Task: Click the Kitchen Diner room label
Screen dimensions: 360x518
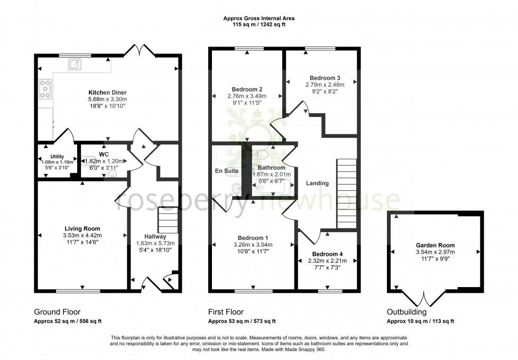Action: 107,91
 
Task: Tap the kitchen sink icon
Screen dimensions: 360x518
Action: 73,64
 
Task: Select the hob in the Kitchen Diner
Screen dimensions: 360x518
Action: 45,89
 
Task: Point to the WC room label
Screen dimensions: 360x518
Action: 103,154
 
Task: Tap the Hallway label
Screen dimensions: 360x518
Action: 155,236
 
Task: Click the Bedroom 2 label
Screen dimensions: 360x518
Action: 247,89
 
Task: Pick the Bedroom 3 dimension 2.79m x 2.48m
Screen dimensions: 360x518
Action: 325,85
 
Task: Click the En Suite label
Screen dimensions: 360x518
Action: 227,171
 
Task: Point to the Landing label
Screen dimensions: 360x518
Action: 317,183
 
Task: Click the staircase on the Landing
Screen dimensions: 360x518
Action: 347,193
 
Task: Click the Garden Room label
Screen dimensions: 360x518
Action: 435,245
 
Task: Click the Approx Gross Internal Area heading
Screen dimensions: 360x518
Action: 258,19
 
